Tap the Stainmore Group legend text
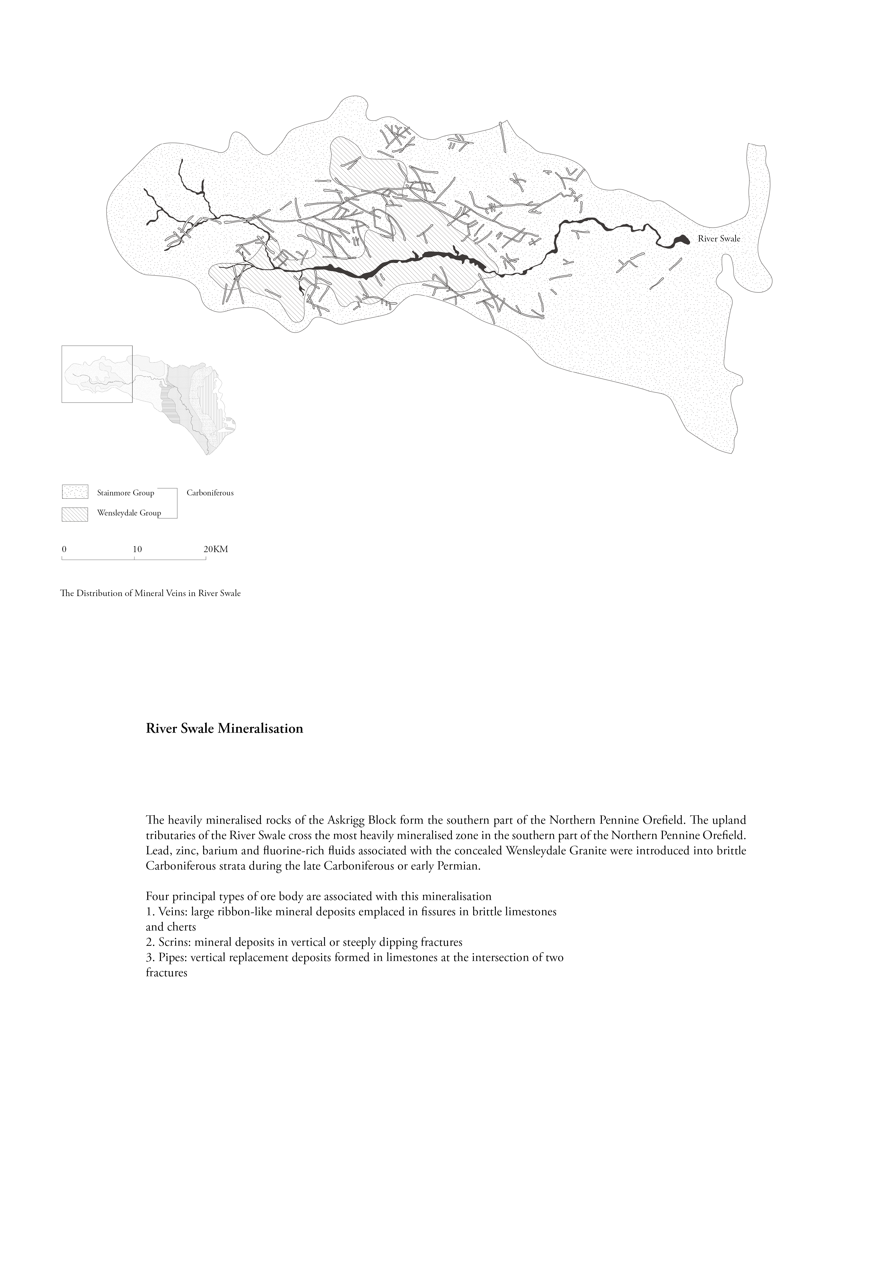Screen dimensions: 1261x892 pos(125,493)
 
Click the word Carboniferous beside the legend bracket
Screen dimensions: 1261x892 pos(210,493)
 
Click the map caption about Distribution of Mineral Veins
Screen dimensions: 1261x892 pos(151,594)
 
